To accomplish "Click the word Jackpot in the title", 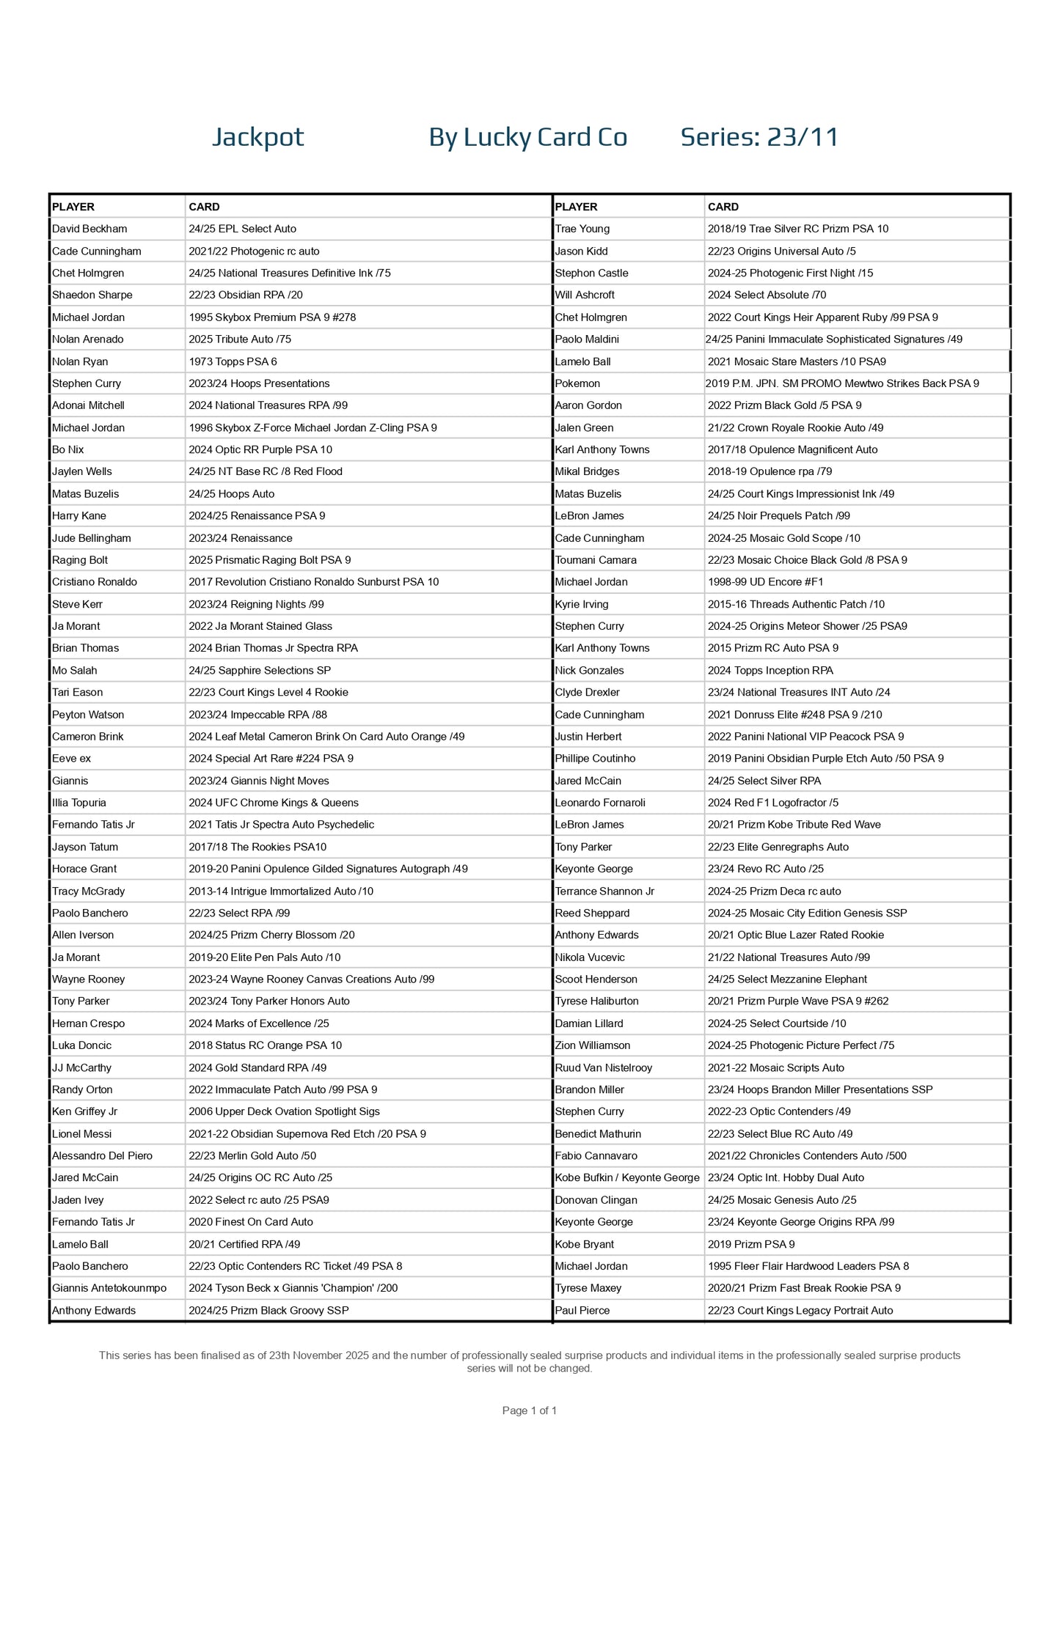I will tap(257, 137).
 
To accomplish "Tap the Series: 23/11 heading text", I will tap(759, 137).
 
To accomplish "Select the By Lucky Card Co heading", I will tap(527, 137).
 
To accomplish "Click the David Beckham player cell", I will tap(89, 229).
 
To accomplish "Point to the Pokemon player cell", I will tap(577, 383).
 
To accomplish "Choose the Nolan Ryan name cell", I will tap(80, 361).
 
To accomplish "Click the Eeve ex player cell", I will tap(71, 758).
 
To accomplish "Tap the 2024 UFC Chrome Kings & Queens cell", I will tap(273, 803).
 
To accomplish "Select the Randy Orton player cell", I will tap(82, 1089).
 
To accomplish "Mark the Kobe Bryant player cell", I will tap(584, 1244).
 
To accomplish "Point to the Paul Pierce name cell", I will tap(582, 1310).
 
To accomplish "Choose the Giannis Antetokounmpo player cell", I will tap(109, 1288).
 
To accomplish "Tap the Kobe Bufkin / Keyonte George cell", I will tap(626, 1177).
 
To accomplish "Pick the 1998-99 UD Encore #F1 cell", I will tap(765, 582).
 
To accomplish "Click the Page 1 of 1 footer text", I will tap(529, 1410).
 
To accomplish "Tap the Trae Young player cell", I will tap(582, 229).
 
